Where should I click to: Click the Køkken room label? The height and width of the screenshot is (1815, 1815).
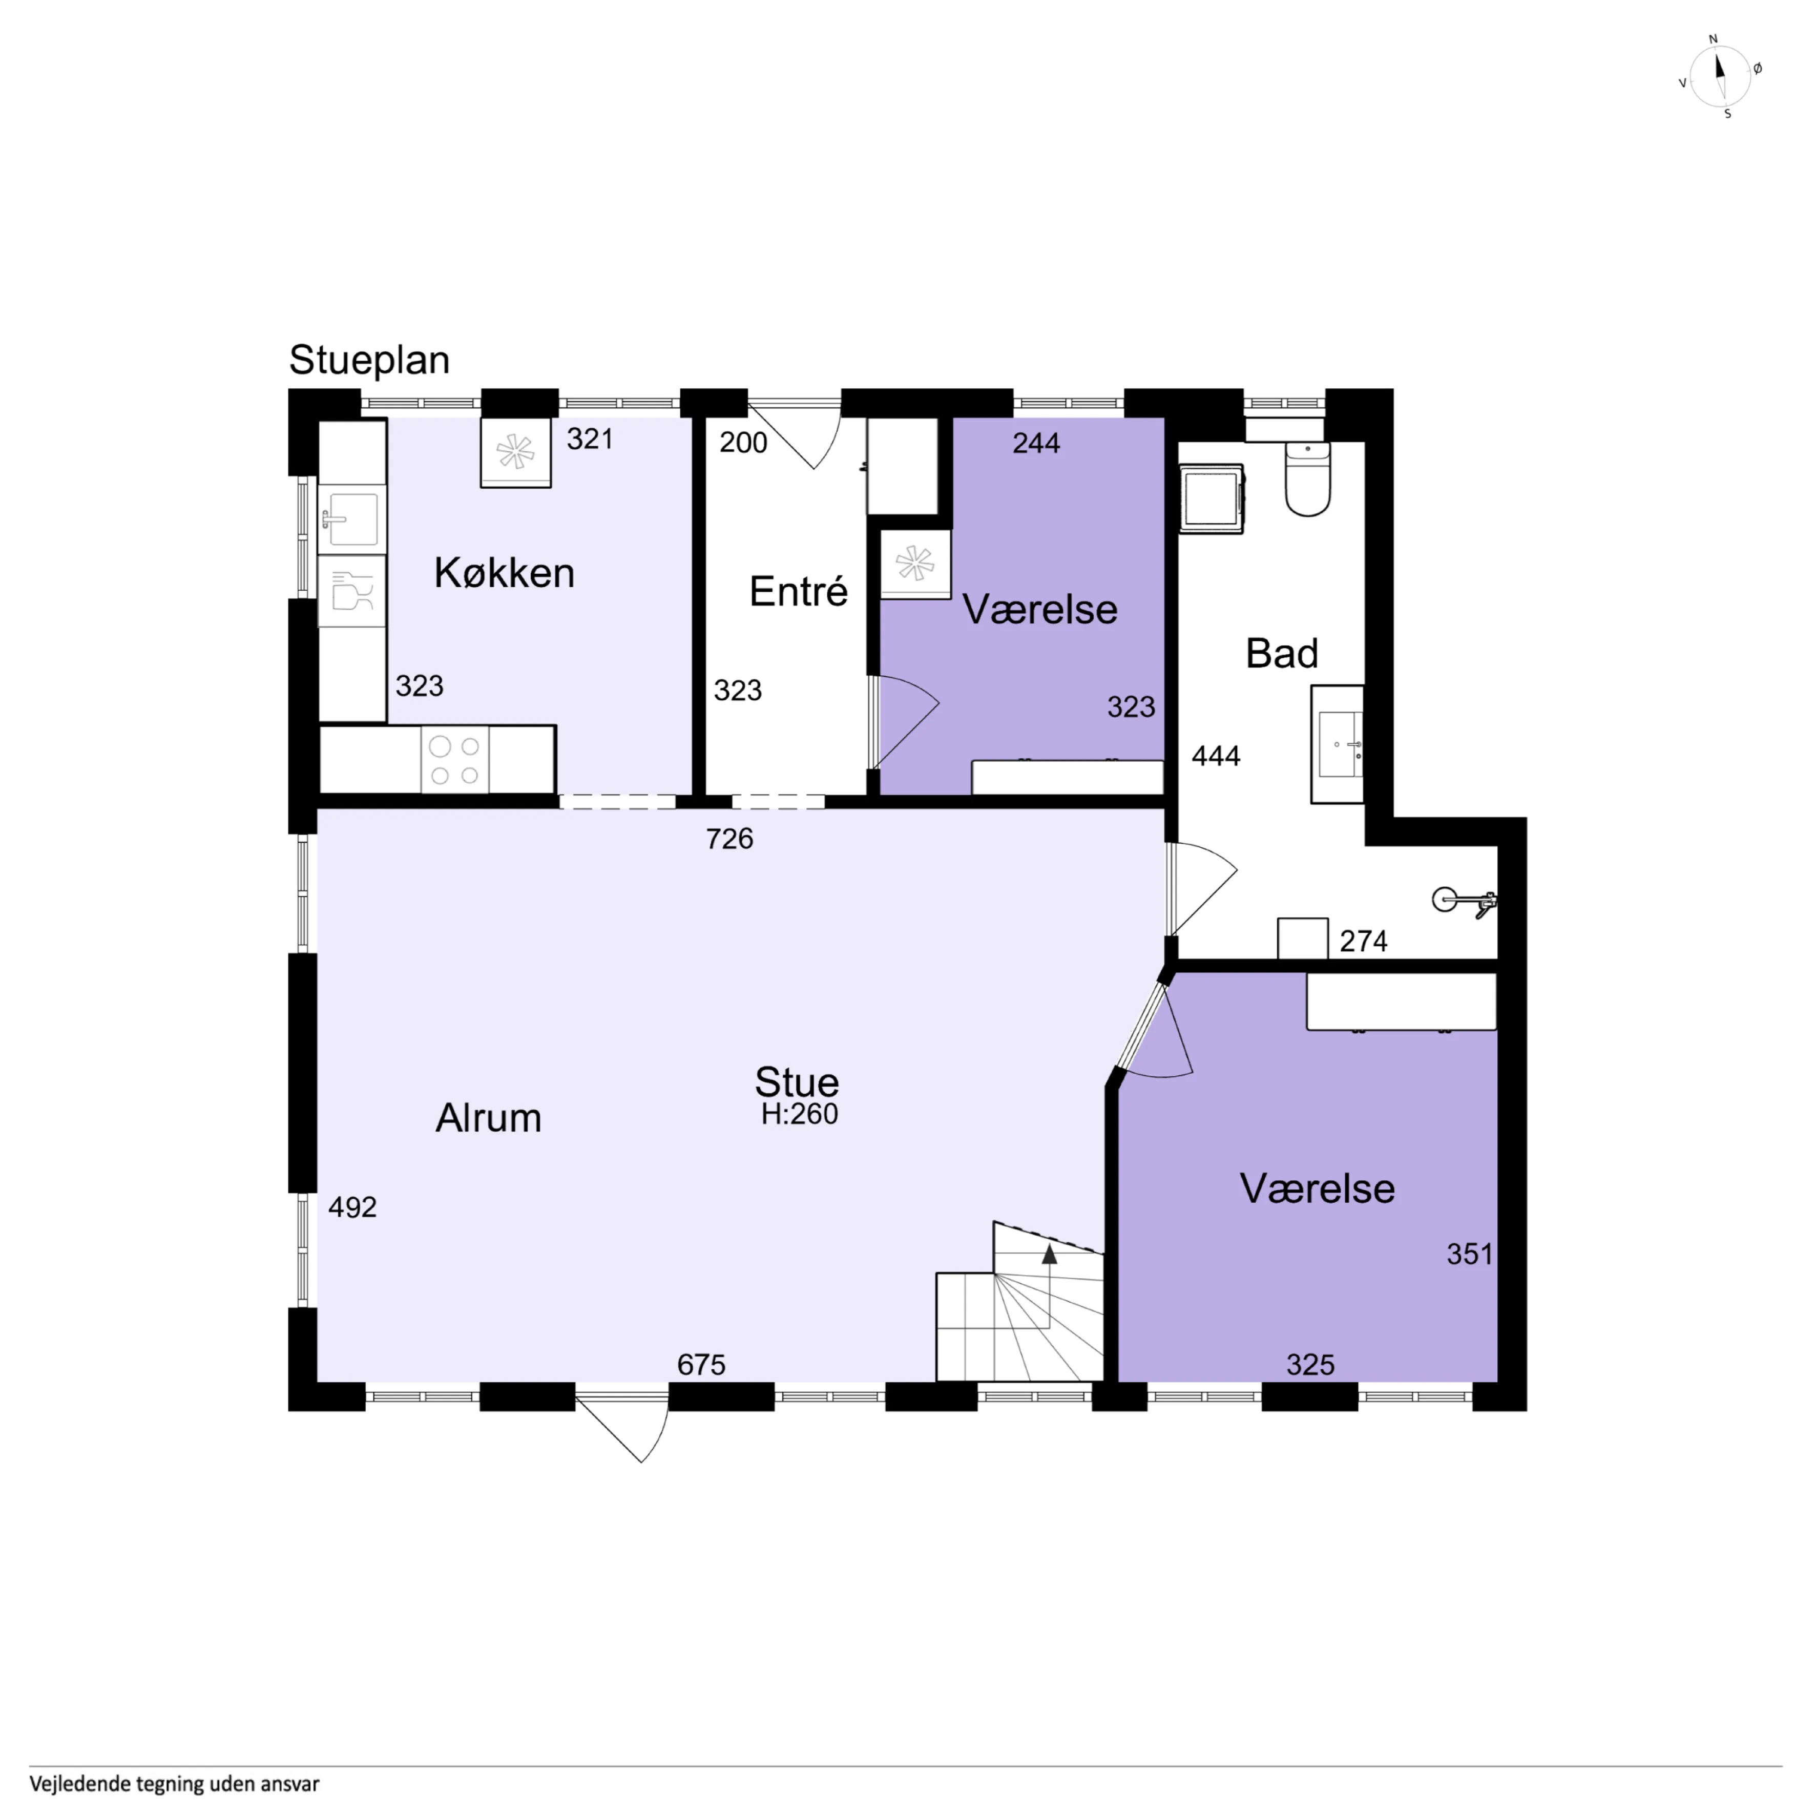point(505,573)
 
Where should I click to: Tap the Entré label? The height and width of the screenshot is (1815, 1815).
point(799,592)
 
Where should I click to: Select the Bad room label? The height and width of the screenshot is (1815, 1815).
point(1281,653)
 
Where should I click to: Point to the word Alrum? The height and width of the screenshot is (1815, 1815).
point(489,1118)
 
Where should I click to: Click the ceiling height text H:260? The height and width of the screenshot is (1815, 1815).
point(800,1114)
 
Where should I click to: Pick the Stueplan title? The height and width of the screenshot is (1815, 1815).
point(369,360)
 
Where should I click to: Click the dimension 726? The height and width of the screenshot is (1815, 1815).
point(730,839)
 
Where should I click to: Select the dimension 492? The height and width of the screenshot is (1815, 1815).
point(352,1207)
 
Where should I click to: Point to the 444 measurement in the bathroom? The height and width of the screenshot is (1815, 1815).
point(1216,756)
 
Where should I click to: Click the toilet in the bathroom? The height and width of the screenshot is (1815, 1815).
point(1308,479)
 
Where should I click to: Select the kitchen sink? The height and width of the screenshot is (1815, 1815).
point(351,517)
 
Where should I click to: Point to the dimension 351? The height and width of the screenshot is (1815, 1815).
point(1469,1254)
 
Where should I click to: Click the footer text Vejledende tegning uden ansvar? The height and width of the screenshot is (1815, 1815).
point(175,1784)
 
